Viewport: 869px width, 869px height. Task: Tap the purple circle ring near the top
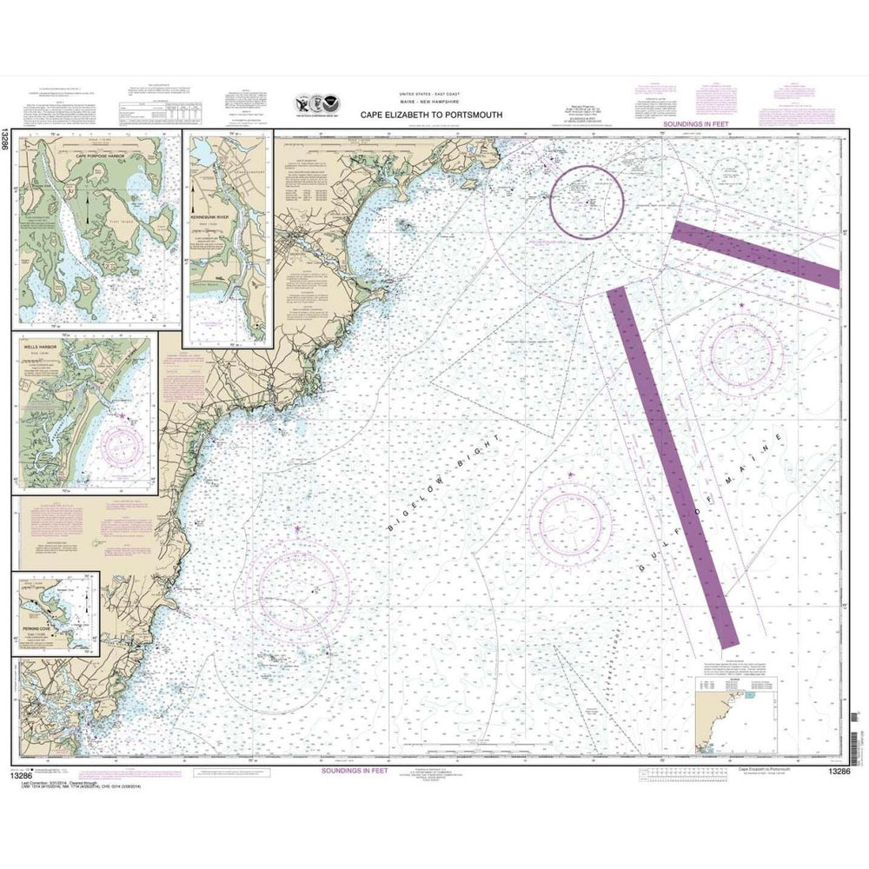tap(585, 198)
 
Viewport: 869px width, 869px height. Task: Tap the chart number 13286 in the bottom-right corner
tap(839, 770)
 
